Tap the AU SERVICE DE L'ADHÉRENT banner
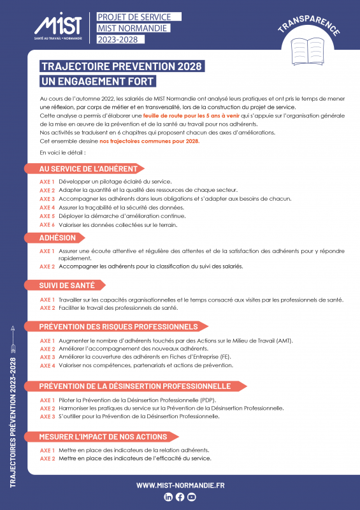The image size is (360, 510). (x=89, y=169)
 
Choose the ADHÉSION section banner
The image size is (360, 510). (x=57, y=238)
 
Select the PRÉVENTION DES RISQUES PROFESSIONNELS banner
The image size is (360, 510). (x=119, y=326)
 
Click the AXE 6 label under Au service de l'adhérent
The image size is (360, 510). (x=47, y=225)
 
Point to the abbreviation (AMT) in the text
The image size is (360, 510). (x=283, y=341)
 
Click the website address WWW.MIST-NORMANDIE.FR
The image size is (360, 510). (x=180, y=485)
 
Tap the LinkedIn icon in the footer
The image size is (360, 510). (x=168, y=497)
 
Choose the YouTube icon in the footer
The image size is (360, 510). (x=192, y=497)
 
